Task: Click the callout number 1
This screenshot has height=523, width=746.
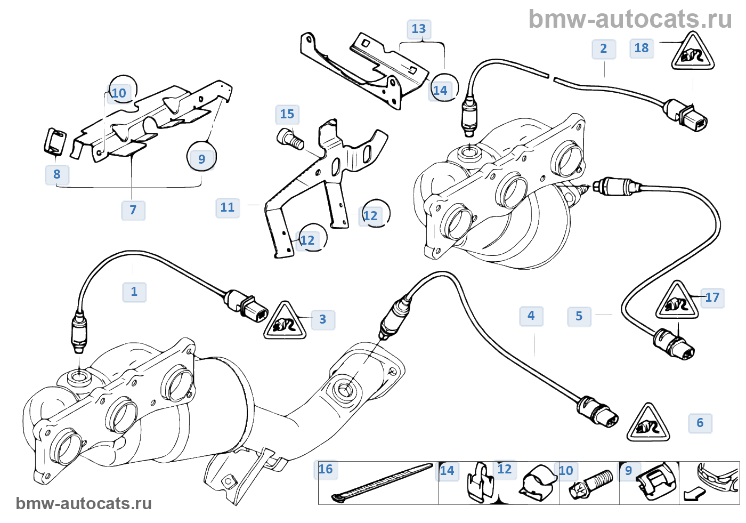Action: (x=134, y=292)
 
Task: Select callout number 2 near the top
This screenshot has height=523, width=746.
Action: (x=604, y=49)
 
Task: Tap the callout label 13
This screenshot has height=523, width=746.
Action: (x=419, y=29)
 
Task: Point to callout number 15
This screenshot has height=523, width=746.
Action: (x=287, y=114)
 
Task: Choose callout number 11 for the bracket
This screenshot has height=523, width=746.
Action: (x=228, y=207)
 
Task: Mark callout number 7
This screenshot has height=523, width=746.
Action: (x=133, y=210)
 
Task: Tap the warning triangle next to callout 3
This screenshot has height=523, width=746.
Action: (x=285, y=321)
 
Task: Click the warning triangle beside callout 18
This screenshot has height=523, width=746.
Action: (x=692, y=52)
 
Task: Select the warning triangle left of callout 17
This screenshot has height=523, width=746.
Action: (x=677, y=302)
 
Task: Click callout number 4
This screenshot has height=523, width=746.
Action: (x=531, y=316)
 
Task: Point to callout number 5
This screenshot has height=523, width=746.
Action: (x=579, y=316)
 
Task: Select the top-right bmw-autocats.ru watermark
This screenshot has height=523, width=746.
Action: (x=630, y=19)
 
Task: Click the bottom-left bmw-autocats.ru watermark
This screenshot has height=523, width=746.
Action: (x=84, y=503)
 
